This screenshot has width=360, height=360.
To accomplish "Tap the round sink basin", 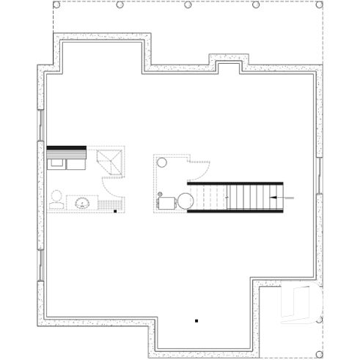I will pyautogui.click(x=82, y=202).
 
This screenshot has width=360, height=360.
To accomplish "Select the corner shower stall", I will pyautogui.click(x=112, y=161).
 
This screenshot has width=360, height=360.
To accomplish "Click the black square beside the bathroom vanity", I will pyautogui.click(x=116, y=211).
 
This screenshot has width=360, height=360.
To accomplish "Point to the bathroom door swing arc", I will pyautogui.click(x=109, y=189).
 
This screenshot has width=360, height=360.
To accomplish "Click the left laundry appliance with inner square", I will pyautogui.click(x=56, y=161).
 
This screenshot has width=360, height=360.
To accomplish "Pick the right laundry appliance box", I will pyautogui.click(x=76, y=161).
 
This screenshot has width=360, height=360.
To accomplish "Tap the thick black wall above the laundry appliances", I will pyautogui.click(x=67, y=149).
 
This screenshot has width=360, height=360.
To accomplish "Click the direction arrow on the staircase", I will pyautogui.click(x=282, y=196).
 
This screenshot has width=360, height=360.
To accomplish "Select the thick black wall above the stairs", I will pyautogui.click(x=235, y=183).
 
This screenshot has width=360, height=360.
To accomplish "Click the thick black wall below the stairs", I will pyautogui.click(x=235, y=211).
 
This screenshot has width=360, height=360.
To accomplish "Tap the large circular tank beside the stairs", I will pyautogui.click(x=184, y=199).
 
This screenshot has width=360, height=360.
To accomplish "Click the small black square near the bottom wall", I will pyautogui.click(x=196, y=320).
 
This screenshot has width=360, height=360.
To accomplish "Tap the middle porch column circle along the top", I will pyautogui.click(x=188, y=5).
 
